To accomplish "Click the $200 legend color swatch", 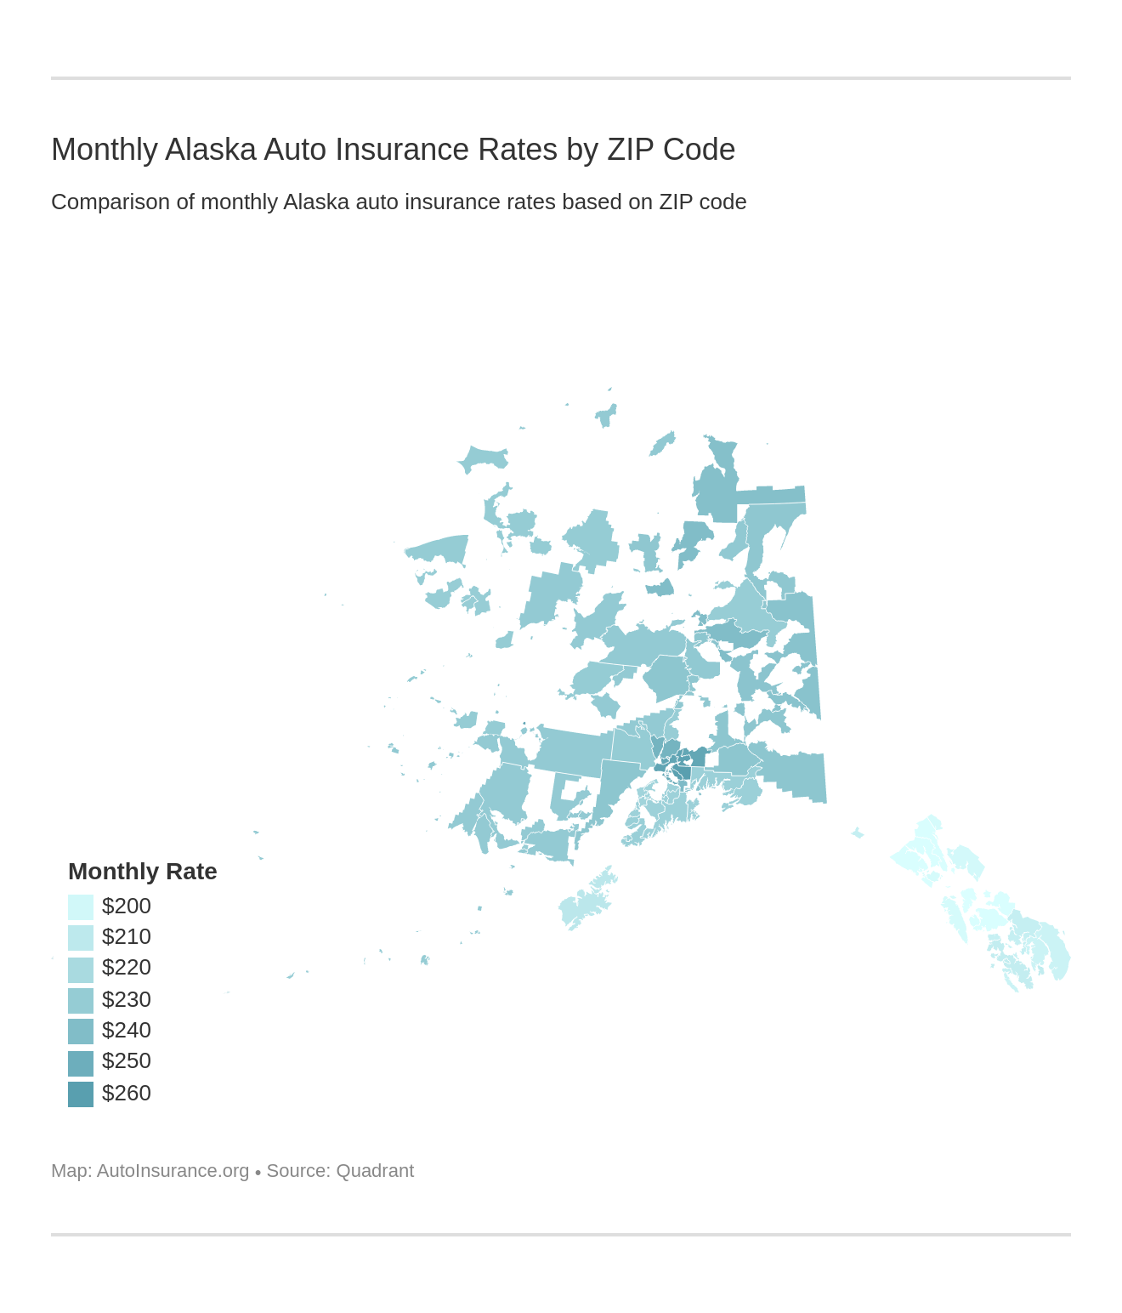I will click(81, 907).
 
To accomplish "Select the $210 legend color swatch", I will click(81, 937).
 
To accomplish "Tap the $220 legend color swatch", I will click(81, 969).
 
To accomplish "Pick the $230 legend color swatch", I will click(81, 1000).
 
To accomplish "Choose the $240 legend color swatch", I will click(81, 1031).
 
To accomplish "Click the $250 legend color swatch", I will click(81, 1062).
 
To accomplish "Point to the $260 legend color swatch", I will click(81, 1094).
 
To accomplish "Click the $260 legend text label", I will click(127, 1094).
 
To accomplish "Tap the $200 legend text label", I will click(127, 907).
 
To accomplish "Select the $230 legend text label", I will click(127, 1000).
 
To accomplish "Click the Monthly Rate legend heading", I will click(143, 872).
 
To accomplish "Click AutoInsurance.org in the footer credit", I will click(173, 1171).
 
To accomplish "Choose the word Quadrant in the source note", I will click(375, 1171).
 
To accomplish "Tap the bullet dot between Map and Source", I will click(258, 1173).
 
